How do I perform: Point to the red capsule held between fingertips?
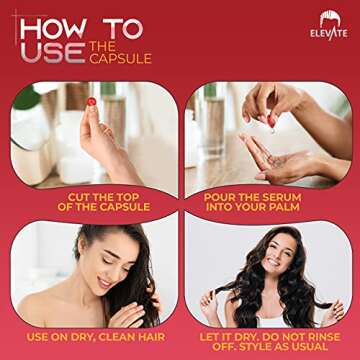point(91,102)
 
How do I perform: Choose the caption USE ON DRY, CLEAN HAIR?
point(96,336)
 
